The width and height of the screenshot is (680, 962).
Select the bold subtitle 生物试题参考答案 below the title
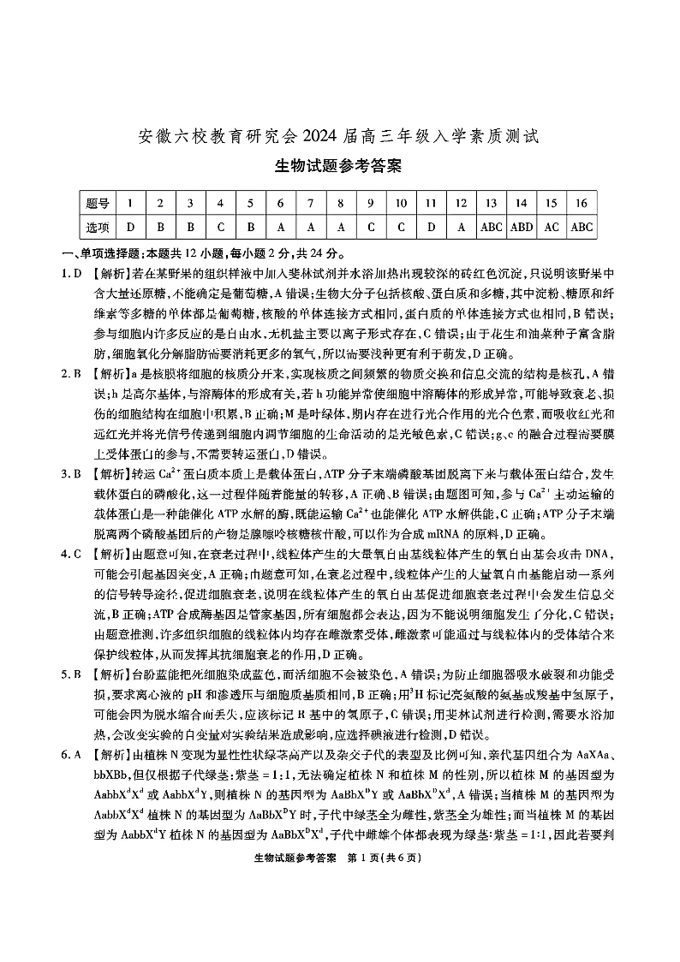point(340,166)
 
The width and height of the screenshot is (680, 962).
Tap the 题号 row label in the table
point(98,203)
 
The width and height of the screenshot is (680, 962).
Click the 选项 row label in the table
point(98,227)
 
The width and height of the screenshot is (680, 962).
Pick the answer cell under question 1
point(130,227)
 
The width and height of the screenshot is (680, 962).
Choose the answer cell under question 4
point(220,227)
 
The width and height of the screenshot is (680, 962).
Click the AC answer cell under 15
point(551,227)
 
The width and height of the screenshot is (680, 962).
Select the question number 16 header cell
point(582,203)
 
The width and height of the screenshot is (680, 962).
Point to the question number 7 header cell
point(310,203)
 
